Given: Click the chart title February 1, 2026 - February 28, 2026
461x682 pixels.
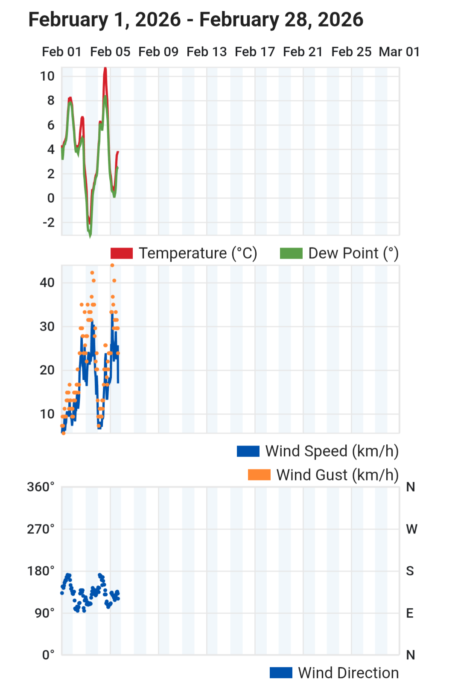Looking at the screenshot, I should pos(196,20).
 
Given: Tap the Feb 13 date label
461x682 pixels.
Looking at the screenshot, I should pos(207,52).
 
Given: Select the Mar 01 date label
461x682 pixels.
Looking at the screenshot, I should pos(399,52).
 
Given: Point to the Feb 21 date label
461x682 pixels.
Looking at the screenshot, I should pos(303,52).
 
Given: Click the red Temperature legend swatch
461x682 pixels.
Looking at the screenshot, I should pos(122,253).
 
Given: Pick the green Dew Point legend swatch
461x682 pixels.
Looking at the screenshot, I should pos(291,253).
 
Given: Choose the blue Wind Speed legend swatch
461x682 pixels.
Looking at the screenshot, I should pos(248,451).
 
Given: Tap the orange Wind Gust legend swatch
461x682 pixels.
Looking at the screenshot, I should pos(259,475).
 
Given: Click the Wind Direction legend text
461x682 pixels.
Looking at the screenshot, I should pos(348,673).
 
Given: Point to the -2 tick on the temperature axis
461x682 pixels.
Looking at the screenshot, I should pos(49,222).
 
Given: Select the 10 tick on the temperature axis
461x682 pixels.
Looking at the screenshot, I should pos(47,76).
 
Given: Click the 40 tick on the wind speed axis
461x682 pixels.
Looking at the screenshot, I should pos(47,283).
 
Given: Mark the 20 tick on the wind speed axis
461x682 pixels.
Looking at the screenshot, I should pos(47,370).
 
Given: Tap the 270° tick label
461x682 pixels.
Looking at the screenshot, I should pos(41,529).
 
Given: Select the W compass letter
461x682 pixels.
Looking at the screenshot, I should pos(411,529).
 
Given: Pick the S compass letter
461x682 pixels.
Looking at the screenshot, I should pos(410,571).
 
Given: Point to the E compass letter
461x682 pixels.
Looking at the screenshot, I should pos(410,613).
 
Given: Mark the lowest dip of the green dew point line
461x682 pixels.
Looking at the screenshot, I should pos(90,236).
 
